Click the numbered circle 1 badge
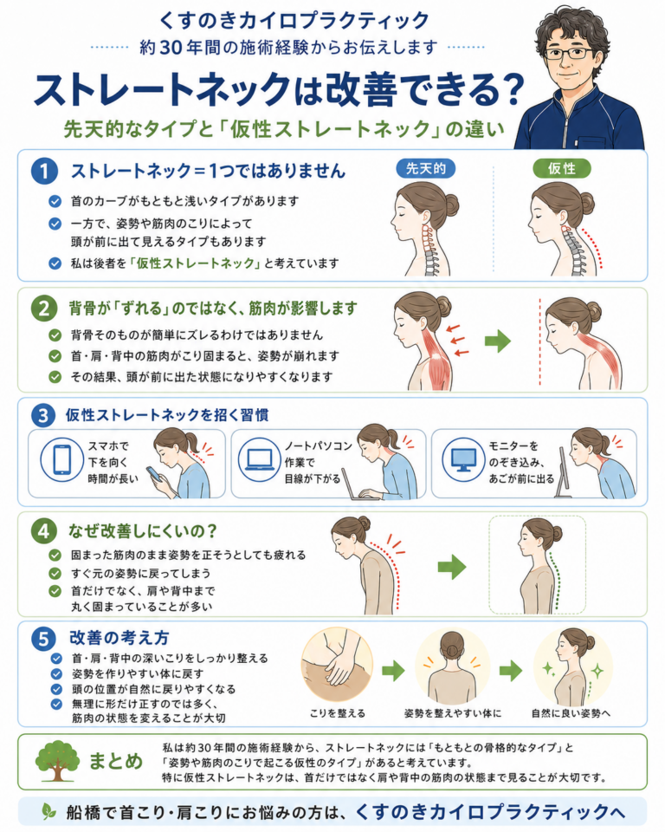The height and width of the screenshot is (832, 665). coord(44,171)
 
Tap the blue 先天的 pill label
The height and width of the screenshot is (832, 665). coord(425,169)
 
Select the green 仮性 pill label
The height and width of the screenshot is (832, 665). coord(562,169)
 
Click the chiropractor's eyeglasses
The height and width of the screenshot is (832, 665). coord(568,53)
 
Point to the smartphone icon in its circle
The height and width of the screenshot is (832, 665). coord(62,459)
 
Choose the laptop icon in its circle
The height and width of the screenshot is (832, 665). coord(259,459)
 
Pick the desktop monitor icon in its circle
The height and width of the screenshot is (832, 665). coord(463,459)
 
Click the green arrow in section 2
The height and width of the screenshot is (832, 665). coord(497,341)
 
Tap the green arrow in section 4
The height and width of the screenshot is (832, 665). coord(452,567)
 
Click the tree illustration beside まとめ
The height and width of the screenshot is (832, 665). coord(57,761)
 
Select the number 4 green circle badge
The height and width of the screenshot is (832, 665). coord(43,531)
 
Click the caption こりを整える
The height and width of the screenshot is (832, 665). coord(338,713)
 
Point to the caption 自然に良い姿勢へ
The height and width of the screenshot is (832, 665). coord(571,713)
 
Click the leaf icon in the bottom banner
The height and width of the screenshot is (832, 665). coord(49,811)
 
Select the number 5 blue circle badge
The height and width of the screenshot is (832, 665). coord(43,639)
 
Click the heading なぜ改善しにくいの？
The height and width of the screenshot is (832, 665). coord(143,530)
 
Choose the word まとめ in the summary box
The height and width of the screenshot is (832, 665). coord(116,761)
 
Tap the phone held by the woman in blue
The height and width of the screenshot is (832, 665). coord(153,473)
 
